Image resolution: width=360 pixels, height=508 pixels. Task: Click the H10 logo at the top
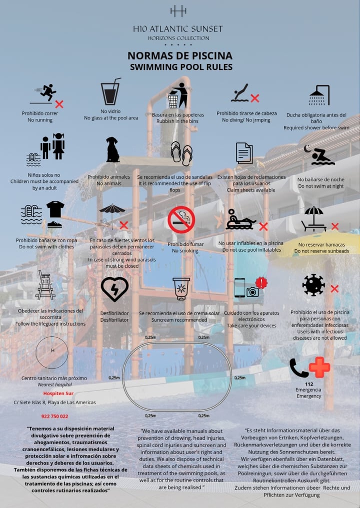click(x=178, y=11)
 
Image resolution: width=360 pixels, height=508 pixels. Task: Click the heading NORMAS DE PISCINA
click(x=180, y=56)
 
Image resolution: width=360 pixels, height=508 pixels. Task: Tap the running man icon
click(x=48, y=92)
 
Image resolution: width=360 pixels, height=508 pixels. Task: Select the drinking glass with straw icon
click(x=110, y=91)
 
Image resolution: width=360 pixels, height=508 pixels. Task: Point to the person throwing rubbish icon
click(x=178, y=95)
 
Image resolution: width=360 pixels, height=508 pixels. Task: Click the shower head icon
click(x=319, y=95)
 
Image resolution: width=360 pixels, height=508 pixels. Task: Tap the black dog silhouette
click(x=112, y=149)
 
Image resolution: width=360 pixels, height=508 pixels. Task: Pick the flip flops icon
click(x=181, y=153)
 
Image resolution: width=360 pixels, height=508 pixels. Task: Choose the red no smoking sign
click(x=181, y=220)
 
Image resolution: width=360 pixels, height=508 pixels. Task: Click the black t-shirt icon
click(x=55, y=209)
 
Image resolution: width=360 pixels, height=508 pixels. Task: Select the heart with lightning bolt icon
click(x=114, y=289)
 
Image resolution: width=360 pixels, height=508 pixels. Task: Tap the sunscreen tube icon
click(x=181, y=289)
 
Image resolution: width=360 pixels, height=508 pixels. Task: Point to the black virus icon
click(x=313, y=285)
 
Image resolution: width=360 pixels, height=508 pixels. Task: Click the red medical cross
click(x=319, y=368)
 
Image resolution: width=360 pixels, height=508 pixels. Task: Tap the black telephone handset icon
click(x=298, y=368)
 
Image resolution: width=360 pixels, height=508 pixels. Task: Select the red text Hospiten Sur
click(x=58, y=393)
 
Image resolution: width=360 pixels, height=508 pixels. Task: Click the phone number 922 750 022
click(x=54, y=416)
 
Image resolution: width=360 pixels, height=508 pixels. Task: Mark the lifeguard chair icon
click(x=45, y=285)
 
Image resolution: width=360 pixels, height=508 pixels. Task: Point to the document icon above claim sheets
click(x=244, y=153)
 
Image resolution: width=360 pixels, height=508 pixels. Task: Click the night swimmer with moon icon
click(x=319, y=155)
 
